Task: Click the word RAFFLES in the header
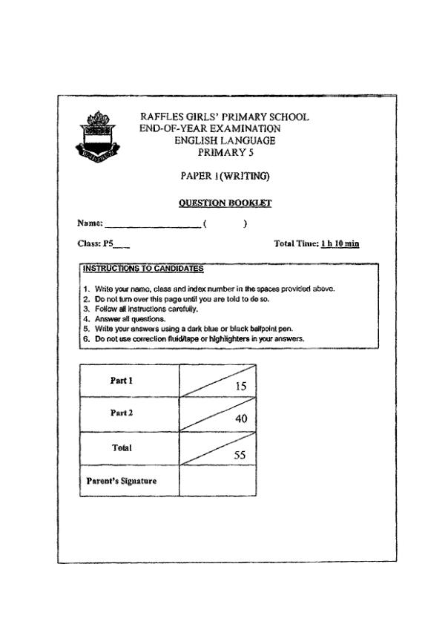[162, 117]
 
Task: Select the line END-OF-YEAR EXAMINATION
[210, 128]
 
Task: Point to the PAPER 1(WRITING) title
[225, 177]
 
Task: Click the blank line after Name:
[152, 223]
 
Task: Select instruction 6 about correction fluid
[200, 338]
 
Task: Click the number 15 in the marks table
[240, 386]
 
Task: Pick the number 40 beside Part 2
[240, 419]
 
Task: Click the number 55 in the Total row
[240, 456]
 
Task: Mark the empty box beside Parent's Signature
[218, 481]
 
